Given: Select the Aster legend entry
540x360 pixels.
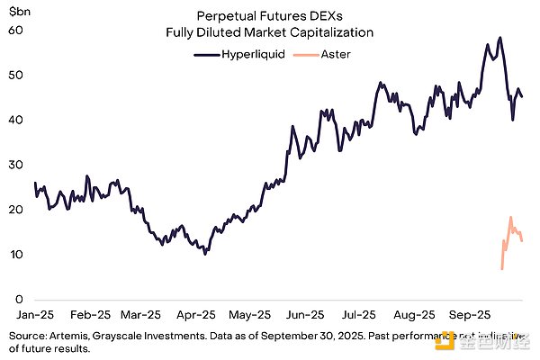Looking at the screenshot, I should point(328,54).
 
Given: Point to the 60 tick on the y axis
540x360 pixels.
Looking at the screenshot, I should point(15,30).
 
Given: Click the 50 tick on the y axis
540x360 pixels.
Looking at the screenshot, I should point(15,75).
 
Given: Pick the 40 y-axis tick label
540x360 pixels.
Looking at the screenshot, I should point(15,120).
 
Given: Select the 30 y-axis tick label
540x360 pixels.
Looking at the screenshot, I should point(15,165).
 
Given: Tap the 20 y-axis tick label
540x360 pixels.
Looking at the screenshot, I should point(15,210).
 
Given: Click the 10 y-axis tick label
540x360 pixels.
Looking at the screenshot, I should point(15,255).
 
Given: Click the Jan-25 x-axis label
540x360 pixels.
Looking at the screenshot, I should point(35,316).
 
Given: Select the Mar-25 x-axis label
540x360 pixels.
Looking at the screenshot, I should point(143,316).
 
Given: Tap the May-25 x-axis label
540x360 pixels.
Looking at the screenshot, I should point(251,316).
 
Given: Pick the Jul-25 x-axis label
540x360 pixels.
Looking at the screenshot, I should point(359,316).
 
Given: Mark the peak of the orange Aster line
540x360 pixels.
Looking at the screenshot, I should point(510,217).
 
